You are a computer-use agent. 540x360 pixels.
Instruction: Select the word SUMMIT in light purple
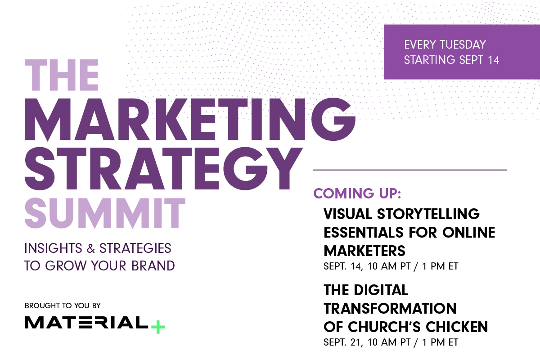tap(105, 213)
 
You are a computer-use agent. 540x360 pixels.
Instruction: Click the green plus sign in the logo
tap(157, 327)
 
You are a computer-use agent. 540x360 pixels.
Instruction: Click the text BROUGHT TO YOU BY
tap(63, 306)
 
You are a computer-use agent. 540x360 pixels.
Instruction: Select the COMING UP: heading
tap(357, 193)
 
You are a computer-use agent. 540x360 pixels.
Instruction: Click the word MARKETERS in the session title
tap(364, 250)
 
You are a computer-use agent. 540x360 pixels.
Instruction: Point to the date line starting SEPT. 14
tap(391, 266)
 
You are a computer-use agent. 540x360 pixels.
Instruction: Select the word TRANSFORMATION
tap(390, 309)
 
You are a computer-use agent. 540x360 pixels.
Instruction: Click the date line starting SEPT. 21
tap(391, 342)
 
